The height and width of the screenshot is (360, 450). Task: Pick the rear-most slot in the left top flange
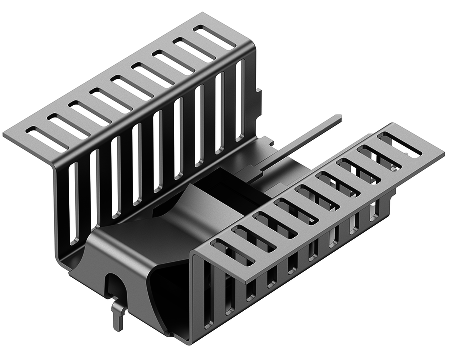point(214,38)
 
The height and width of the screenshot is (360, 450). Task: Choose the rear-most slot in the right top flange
point(400,145)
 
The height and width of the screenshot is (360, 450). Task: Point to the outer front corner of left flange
point(5,135)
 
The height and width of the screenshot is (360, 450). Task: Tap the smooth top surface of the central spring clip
point(150,235)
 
